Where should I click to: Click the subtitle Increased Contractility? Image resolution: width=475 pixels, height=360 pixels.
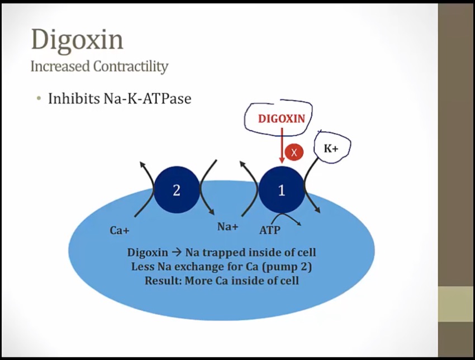99,67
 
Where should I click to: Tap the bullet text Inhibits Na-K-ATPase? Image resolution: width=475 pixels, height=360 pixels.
120,98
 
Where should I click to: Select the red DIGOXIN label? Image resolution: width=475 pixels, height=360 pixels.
282,119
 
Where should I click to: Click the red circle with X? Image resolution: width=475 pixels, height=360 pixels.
294,152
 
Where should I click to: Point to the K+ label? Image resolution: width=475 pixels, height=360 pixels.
331,149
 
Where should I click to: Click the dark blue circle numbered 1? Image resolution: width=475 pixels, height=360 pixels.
282,190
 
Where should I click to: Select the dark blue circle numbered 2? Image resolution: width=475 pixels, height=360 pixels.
177,190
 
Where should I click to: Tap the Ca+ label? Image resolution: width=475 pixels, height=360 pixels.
120,231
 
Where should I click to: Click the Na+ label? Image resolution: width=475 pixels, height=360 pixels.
228,226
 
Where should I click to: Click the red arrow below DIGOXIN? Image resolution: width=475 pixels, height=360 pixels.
282,145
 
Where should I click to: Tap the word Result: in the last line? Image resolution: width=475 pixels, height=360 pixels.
163,281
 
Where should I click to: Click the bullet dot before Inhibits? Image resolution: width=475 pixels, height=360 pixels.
38,98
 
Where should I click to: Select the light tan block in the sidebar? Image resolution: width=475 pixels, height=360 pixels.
457,304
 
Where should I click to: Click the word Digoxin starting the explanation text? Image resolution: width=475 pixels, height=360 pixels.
148,253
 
